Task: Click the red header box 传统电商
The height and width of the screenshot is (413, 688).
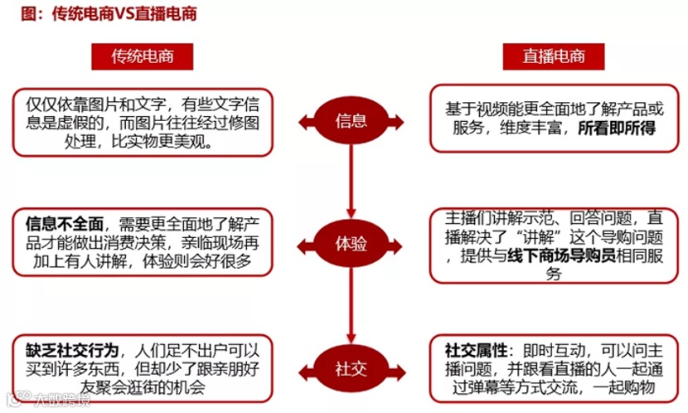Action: pyautogui.click(x=141, y=56)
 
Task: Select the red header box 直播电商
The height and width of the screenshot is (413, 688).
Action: pyautogui.click(x=554, y=56)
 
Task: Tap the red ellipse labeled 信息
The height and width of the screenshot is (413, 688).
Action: pyautogui.click(x=351, y=122)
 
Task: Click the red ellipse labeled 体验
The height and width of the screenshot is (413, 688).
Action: pyautogui.click(x=351, y=245)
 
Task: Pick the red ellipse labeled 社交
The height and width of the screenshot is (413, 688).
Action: pyautogui.click(x=351, y=368)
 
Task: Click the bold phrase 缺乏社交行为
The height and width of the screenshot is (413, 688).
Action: pyautogui.click(x=72, y=349)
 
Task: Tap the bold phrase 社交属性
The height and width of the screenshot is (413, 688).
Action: pyautogui.click(x=473, y=349)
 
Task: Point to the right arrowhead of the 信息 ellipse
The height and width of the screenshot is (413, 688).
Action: pyautogui.click(x=399, y=122)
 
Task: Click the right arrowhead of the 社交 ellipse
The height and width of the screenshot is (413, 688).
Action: pyautogui.click(x=399, y=368)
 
